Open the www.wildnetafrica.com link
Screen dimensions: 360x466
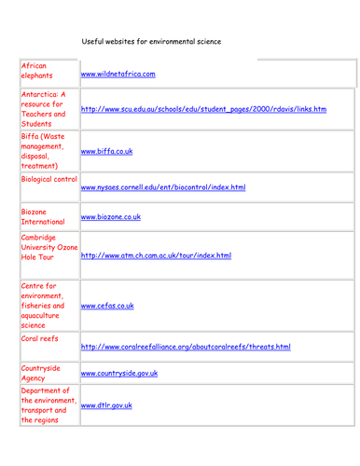pos(118,75)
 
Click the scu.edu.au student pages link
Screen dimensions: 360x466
pos(203,109)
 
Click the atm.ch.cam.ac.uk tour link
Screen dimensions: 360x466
pos(156,254)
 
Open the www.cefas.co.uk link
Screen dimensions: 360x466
pos(107,305)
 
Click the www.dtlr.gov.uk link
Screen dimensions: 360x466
pos(106,406)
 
